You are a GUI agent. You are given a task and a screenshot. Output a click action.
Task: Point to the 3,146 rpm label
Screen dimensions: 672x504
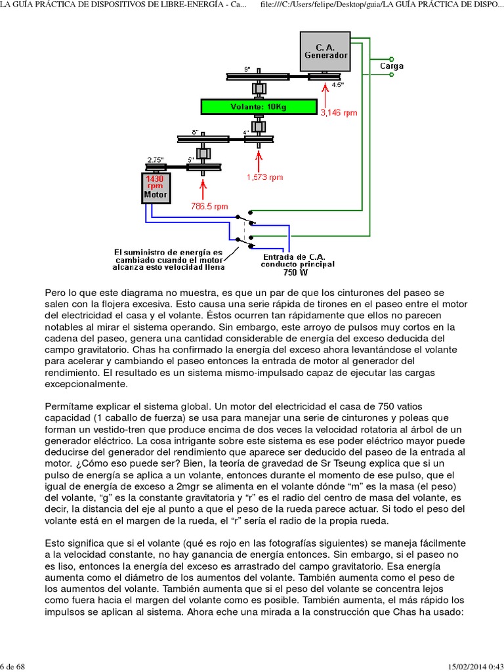[x=339, y=112]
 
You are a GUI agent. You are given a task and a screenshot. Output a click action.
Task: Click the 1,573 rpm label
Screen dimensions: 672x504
[x=265, y=177]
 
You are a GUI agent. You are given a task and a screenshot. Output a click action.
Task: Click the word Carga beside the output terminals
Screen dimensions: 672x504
[x=392, y=66]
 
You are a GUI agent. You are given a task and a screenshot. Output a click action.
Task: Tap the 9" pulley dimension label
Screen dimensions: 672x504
[x=247, y=69]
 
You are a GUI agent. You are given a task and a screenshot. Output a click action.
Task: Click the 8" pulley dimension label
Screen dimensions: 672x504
[x=195, y=132]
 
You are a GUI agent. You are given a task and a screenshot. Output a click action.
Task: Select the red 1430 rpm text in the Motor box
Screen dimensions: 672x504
[x=156, y=182]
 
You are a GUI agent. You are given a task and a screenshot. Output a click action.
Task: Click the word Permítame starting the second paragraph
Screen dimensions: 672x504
[x=69, y=406]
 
